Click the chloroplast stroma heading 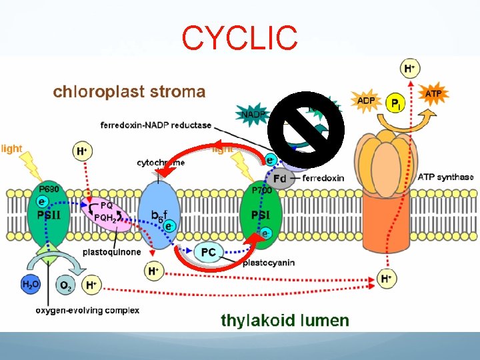pos(129,91)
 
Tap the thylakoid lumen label pos(285,320)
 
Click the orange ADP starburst pos(366,100)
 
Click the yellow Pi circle pos(396,104)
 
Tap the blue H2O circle pos(30,285)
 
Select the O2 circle pos(65,285)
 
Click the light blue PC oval pos(209,253)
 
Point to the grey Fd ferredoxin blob pos(281,178)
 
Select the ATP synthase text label pos(445,177)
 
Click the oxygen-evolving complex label pos(87,310)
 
